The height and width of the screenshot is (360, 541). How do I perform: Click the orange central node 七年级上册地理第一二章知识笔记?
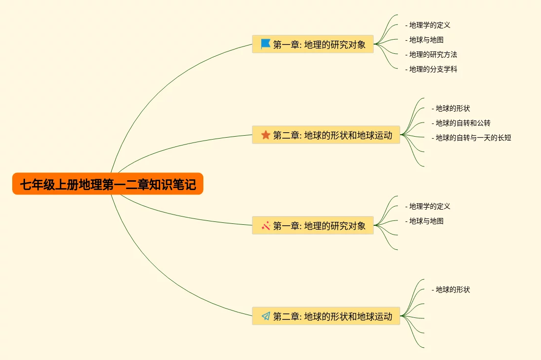[x=107, y=184]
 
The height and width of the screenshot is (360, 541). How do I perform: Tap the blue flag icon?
[x=266, y=44]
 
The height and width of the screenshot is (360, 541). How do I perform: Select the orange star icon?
[x=266, y=135]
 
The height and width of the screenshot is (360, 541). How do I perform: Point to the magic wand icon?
[x=266, y=226]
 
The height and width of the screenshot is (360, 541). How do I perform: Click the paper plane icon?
[x=266, y=316]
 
